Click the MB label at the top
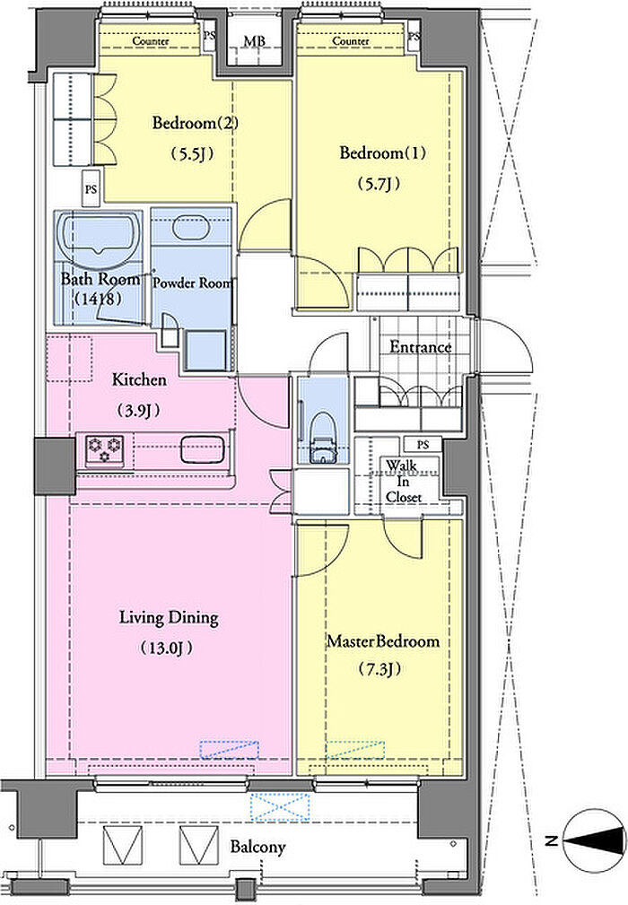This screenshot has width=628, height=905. pos(254,41)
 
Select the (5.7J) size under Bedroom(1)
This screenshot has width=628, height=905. pos(379,184)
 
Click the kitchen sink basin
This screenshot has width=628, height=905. pos(203,449)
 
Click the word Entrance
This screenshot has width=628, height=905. pos(420,347)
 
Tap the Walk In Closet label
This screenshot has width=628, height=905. pos(404,481)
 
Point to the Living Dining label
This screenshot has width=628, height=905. pos(169,618)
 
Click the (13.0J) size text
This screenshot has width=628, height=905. pos(167,648)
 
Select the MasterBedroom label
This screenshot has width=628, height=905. pos(383,641)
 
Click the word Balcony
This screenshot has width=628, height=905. pos(258,847)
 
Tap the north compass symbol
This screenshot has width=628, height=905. pos(594,840)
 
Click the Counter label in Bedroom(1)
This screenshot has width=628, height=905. pos(351,41)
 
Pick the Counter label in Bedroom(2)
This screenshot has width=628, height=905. pos(151,41)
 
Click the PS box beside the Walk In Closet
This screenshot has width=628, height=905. pos(423,444)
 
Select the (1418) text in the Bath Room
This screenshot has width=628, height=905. pos(98,299)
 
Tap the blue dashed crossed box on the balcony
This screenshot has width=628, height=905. pos(281,807)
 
